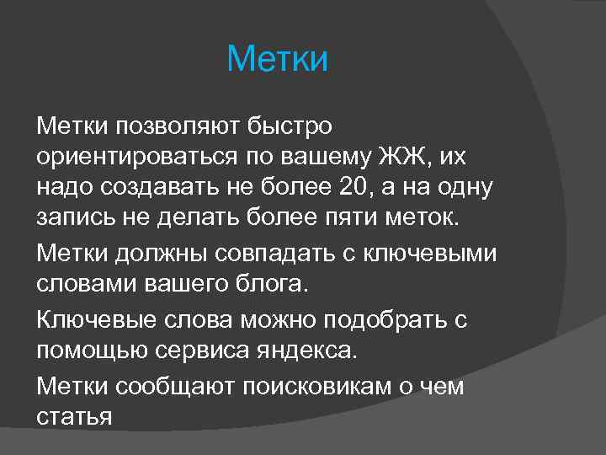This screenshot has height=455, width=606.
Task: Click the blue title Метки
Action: (277, 60)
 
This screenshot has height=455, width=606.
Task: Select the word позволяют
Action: (174, 126)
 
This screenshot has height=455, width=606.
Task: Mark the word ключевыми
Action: (449, 252)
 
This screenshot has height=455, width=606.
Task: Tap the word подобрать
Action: (383, 319)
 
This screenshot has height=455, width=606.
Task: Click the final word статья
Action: (74, 416)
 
